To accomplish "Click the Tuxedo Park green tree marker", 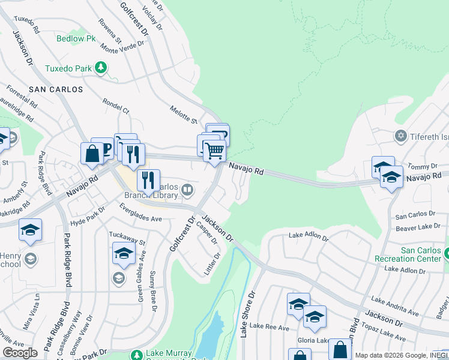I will [x=101, y=68].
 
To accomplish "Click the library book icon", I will [x=187, y=191].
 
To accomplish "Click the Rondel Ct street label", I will [x=116, y=106].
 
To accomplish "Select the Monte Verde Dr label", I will [x=119, y=52].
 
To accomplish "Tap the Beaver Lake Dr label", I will [x=415, y=227].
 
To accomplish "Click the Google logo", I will [x=20, y=353].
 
